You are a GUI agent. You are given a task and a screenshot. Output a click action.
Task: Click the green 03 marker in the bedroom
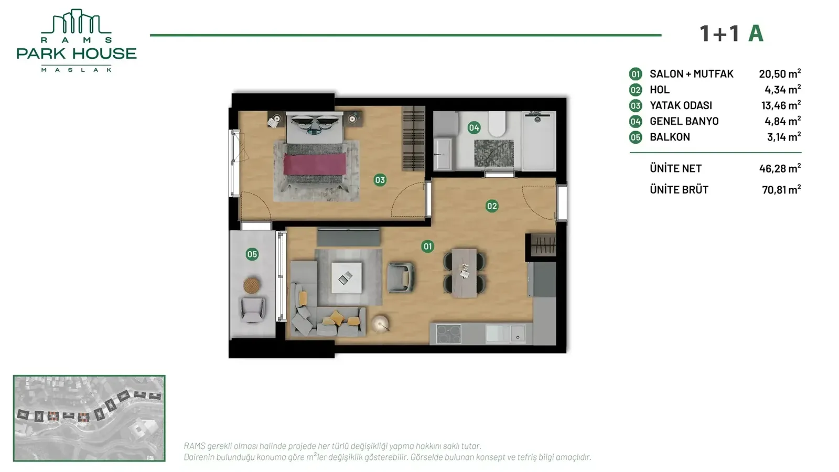[x=380, y=180]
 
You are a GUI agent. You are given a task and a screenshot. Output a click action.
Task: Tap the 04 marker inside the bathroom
[x=474, y=128]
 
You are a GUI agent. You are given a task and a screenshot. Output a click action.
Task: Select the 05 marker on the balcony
[x=252, y=254]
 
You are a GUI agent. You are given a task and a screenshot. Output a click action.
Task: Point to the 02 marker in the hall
[x=492, y=206]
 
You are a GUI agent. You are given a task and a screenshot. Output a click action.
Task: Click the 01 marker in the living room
[x=427, y=246]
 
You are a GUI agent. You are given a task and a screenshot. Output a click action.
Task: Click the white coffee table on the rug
[x=347, y=277]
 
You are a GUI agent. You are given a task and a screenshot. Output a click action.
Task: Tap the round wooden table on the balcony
[x=252, y=285]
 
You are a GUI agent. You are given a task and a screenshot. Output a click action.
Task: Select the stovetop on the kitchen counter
[x=448, y=334]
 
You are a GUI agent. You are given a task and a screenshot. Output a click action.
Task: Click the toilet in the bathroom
[x=497, y=124]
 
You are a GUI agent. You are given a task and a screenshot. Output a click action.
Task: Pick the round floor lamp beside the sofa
[x=380, y=324]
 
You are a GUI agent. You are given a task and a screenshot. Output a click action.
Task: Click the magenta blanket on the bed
[x=315, y=164]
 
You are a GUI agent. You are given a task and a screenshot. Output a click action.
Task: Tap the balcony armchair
[x=253, y=309]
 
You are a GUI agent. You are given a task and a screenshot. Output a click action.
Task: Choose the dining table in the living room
[x=464, y=273]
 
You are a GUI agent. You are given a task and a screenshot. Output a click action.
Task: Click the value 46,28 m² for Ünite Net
[x=780, y=168]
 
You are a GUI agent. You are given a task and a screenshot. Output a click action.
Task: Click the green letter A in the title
[x=756, y=34]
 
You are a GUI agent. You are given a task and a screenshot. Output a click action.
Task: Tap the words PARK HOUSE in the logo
[x=77, y=53]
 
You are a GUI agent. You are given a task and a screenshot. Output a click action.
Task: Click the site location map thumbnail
[x=89, y=418]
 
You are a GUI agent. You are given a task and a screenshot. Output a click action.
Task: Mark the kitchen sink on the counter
[x=505, y=334]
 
